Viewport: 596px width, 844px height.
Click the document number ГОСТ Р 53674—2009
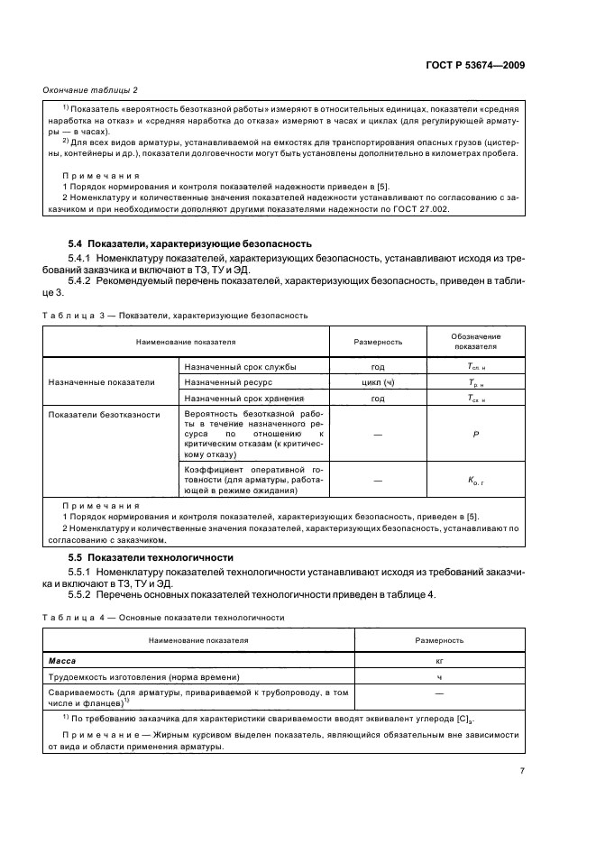point(482,65)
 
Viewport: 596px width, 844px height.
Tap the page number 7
point(522,770)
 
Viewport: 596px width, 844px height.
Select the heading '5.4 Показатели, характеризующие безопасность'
point(190,243)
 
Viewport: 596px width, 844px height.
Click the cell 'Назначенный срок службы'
point(240,367)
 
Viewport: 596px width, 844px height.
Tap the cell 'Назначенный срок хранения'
point(243,398)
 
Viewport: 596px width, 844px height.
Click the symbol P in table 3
point(475,434)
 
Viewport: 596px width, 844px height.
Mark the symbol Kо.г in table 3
point(475,482)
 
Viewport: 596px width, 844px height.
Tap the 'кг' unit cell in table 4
point(439,661)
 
